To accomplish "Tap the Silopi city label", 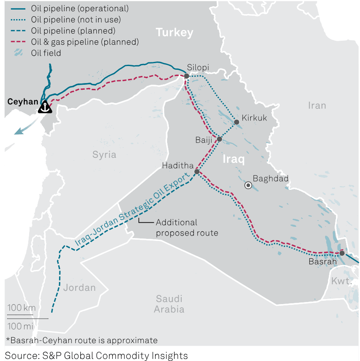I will click(x=198, y=68).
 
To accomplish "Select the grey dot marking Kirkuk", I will click(x=236, y=122).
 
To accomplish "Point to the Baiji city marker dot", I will click(x=219, y=139).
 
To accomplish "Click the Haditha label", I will click(x=178, y=166).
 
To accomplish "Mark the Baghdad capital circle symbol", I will click(x=248, y=185).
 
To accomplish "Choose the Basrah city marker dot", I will click(x=342, y=253).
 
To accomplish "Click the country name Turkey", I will click(x=175, y=32).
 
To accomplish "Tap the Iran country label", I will click(x=317, y=106).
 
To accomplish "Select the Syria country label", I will click(x=104, y=155).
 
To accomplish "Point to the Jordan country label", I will click(x=79, y=287).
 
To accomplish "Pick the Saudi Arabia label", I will click(x=169, y=304).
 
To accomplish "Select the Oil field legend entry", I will click(x=46, y=53).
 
